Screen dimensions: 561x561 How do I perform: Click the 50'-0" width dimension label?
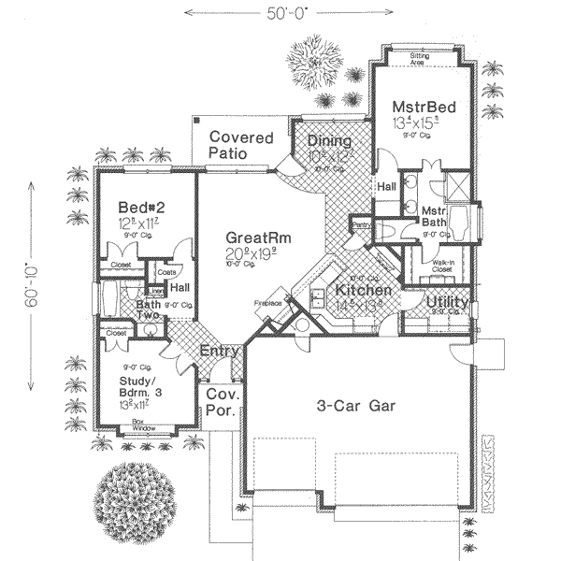coord(280,12)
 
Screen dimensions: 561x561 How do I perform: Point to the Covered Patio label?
coord(240,145)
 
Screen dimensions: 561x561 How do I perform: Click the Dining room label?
coord(328,141)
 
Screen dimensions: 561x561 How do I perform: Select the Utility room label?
coord(447,303)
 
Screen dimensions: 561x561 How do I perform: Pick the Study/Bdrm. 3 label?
coord(141,387)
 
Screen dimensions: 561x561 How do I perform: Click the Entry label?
coord(222,352)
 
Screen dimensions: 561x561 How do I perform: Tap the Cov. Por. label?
coord(223,402)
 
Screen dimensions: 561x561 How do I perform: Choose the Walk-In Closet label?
coord(442,267)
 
